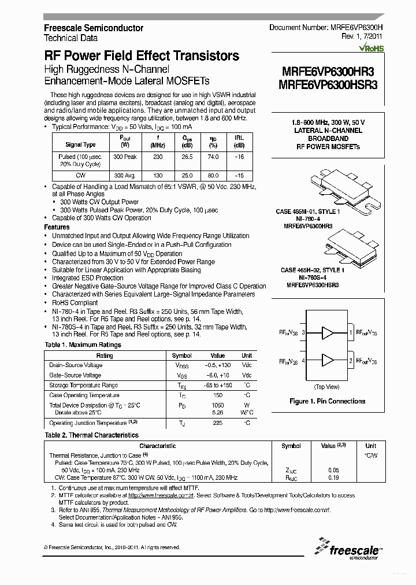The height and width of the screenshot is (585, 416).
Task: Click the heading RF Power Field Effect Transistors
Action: pos(142,56)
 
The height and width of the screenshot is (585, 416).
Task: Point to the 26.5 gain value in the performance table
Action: pos(187,157)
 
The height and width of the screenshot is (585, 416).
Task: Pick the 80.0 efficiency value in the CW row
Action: pos(213,175)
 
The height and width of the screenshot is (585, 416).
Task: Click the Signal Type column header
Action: pos(81,145)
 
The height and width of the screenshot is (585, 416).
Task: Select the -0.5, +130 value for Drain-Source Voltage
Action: pos(217,365)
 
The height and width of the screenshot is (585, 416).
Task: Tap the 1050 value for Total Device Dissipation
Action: pos(217,405)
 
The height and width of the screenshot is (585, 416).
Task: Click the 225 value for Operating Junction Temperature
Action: pos(217,423)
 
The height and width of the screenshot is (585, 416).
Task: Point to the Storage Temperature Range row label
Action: pos(83,385)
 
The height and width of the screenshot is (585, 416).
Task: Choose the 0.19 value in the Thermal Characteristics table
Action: pos(333,478)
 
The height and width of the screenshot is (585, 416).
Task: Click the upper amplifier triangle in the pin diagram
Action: pos(328,333)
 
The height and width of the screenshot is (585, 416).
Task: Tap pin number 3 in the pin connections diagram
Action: pos(303,333)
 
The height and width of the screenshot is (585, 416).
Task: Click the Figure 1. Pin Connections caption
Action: pos(327,401)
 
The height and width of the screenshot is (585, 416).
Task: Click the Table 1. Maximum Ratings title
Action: pos(83,345)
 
